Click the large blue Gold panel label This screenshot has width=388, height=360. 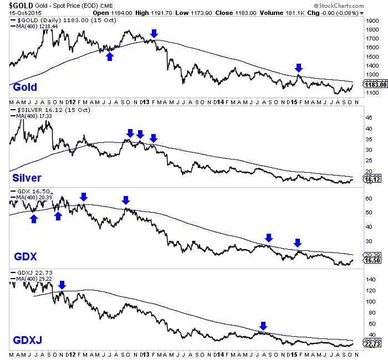click(x=25, y=87)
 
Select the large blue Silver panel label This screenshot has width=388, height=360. click(x=27, y=177)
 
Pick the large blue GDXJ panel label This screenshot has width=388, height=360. click(x=27, y=339)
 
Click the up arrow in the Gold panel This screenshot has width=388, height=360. click(x=110, y=56)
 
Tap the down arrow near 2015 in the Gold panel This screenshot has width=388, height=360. click(x=299, y=68)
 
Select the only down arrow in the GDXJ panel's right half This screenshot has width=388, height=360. click(x=263, y=326)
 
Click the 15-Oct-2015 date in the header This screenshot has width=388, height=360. click(x=21, y=11)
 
